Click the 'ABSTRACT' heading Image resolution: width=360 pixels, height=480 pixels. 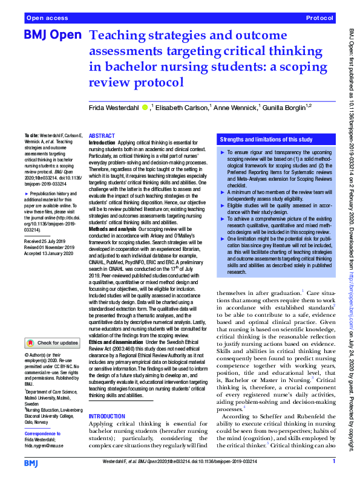tap(102, 137)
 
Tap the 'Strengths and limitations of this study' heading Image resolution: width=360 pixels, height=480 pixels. tap(265, 138)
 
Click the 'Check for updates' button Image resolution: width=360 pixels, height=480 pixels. tap(53, 343)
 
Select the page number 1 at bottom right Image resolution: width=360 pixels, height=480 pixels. tap(334, 461)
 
